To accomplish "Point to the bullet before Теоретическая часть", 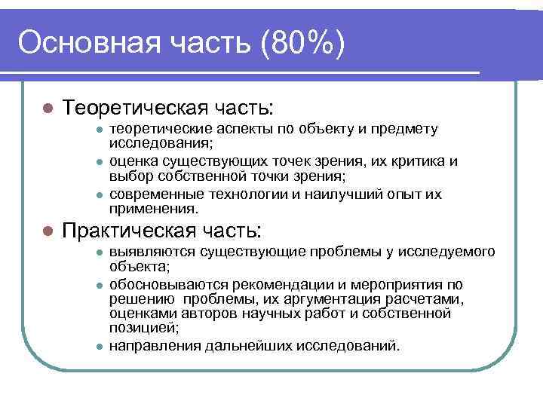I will click(x=46, y=107).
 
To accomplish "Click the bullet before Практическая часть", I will click(x=46, y=230).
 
